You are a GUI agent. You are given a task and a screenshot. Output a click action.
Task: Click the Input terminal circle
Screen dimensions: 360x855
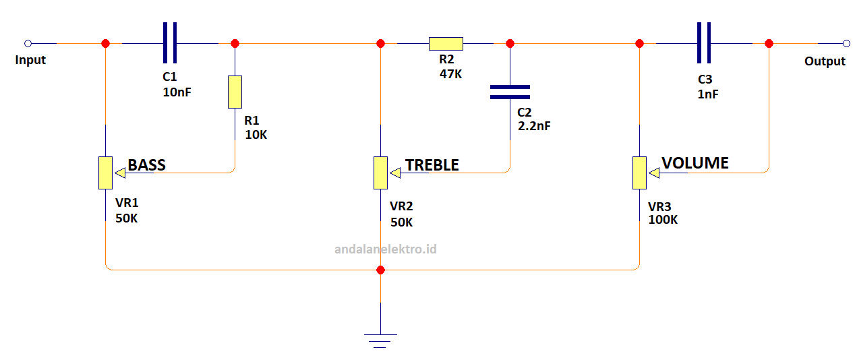click(28, 43)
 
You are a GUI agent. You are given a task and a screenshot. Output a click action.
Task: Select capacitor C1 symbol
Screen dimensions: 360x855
click(170, 43)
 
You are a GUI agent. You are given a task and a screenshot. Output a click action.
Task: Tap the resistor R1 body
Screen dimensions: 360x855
click(235, 92)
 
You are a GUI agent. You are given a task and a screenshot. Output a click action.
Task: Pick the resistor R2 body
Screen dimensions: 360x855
click(446, 44)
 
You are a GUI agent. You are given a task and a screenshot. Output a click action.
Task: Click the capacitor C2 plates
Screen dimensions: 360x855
click(510, 92)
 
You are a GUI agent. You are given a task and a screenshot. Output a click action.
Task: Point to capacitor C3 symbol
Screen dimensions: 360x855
click(704, 43)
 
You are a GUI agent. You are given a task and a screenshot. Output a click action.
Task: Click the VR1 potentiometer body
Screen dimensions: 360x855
click(105, 173)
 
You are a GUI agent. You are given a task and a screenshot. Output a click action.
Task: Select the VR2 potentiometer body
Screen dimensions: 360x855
click(380, 173)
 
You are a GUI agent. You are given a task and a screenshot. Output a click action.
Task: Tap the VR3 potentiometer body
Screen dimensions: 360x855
click(639, 173)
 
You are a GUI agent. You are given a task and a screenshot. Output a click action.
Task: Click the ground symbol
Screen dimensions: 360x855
click(380, 340)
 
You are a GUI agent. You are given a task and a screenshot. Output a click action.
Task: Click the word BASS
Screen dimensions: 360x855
click(146, 165)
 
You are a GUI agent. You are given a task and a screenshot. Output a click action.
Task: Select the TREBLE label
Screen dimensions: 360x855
click(432, 165)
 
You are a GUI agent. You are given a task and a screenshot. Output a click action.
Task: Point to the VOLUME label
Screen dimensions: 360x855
click(695, 163)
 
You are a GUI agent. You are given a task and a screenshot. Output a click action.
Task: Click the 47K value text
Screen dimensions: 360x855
click(450, 74)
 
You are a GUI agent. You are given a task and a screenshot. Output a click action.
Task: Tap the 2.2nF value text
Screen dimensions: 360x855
click(534, 126)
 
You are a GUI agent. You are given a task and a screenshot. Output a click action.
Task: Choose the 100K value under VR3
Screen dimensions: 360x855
click(663, 220)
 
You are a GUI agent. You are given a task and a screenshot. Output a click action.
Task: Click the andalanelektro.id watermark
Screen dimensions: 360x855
click(386, 249)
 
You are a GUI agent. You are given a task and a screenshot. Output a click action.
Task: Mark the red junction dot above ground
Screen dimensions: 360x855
click(380, 270)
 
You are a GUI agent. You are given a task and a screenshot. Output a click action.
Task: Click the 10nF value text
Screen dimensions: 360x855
click(177, 92)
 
